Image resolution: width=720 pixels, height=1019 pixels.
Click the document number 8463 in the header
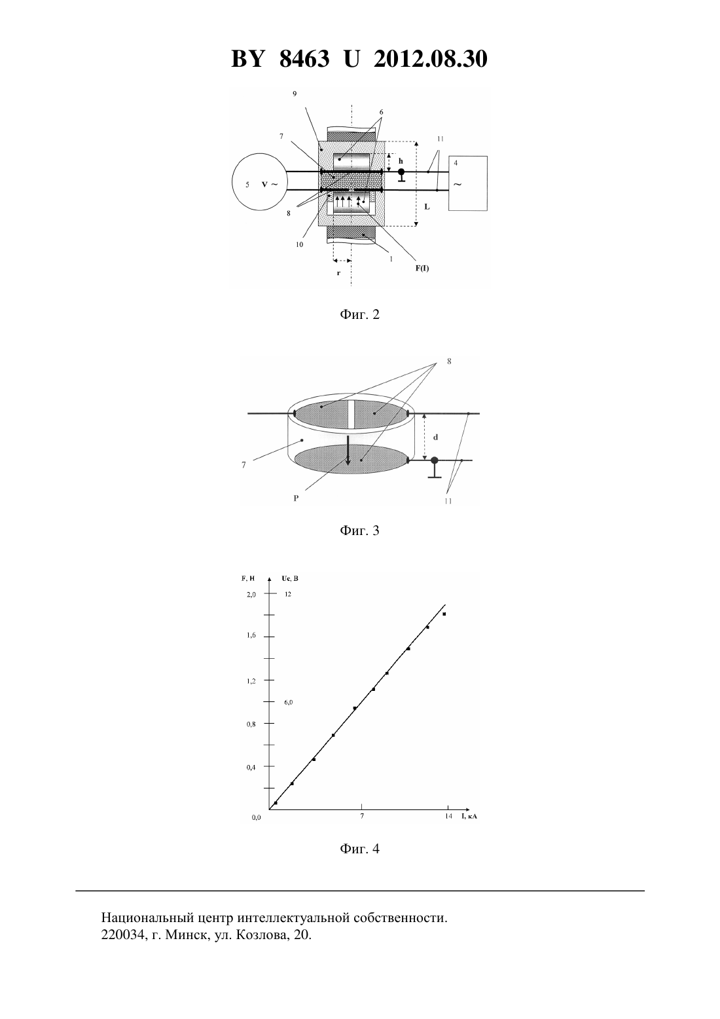pos(304,59)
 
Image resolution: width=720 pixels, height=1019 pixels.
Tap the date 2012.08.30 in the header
pos(431,59)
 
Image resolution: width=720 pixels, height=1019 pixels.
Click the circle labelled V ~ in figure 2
pos(259,182)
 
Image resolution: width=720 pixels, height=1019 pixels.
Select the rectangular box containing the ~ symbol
pos(468,183)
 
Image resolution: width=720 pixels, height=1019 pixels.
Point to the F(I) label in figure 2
pos(422,268)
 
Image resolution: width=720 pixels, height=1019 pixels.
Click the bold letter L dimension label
pos(427,206)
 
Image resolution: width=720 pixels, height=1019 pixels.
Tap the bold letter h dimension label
pos(401,161)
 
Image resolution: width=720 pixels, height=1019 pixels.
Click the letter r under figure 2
pos(338,273)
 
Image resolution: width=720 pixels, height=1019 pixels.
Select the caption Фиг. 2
pos(359,314)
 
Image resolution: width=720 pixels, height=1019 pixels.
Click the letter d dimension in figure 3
pos(435,437)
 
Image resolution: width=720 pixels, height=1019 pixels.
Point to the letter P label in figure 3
pos(296,498)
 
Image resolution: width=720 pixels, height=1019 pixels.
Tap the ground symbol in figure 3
pos(434,468)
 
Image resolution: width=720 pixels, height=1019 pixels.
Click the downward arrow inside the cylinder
pos(348,450)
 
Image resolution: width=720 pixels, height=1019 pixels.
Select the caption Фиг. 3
pos(359,530)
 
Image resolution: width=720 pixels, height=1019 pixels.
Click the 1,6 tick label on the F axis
pos(251,635)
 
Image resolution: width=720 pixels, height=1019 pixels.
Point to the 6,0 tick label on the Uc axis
pos(289,702)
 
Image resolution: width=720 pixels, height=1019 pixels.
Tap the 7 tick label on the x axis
pos(362,815)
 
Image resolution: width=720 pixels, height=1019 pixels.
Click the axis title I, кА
pos(469,816)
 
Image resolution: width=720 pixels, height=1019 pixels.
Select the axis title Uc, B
pos(290,579)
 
